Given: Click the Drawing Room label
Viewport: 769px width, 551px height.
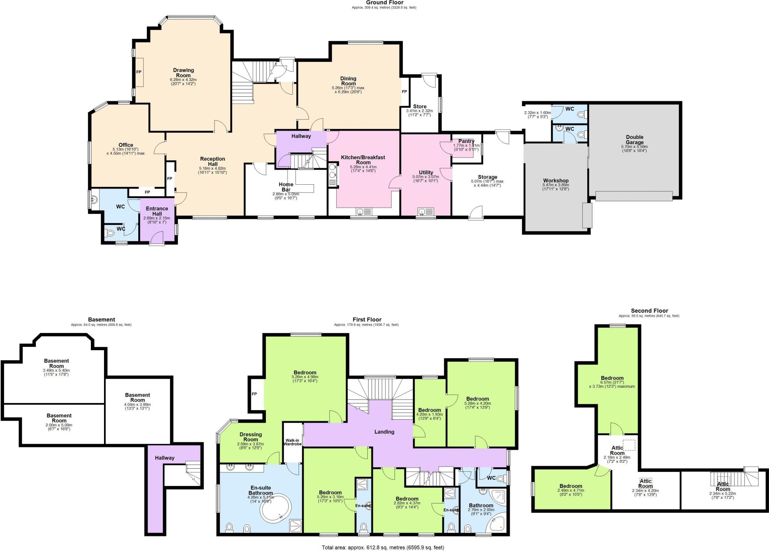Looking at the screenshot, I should pos(183,73).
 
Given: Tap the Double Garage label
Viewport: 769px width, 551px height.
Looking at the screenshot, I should pos(635,140).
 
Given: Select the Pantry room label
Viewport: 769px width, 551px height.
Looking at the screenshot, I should pos(466,141).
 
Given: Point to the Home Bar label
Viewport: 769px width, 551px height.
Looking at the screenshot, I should pos(286,187).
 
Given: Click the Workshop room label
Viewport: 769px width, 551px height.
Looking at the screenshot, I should pos(556,181).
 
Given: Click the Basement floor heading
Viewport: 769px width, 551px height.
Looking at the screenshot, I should pos(101,319).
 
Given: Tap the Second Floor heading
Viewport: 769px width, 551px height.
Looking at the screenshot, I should pos(650,310).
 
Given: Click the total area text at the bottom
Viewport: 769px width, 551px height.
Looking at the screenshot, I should pos(383,548).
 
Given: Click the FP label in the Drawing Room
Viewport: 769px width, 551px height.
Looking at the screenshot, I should pos(139,72).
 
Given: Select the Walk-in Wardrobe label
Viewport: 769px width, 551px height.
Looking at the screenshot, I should pos(293,442).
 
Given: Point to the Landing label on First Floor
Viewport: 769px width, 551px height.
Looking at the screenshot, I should pos(384,432).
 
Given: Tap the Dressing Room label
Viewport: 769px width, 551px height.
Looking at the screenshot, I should pos(250,437).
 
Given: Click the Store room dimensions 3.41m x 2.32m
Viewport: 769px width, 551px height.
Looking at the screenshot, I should pos(419,111).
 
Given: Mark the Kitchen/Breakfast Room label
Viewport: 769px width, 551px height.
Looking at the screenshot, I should pos(363,160).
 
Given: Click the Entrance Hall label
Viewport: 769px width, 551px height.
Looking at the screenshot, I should pos(157,211).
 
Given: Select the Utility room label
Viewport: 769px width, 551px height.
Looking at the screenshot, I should pos(426,172).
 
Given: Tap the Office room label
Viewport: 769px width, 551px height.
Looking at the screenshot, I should pos(126,145).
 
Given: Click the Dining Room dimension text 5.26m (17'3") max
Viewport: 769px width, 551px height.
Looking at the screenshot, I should pos(348,88).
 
